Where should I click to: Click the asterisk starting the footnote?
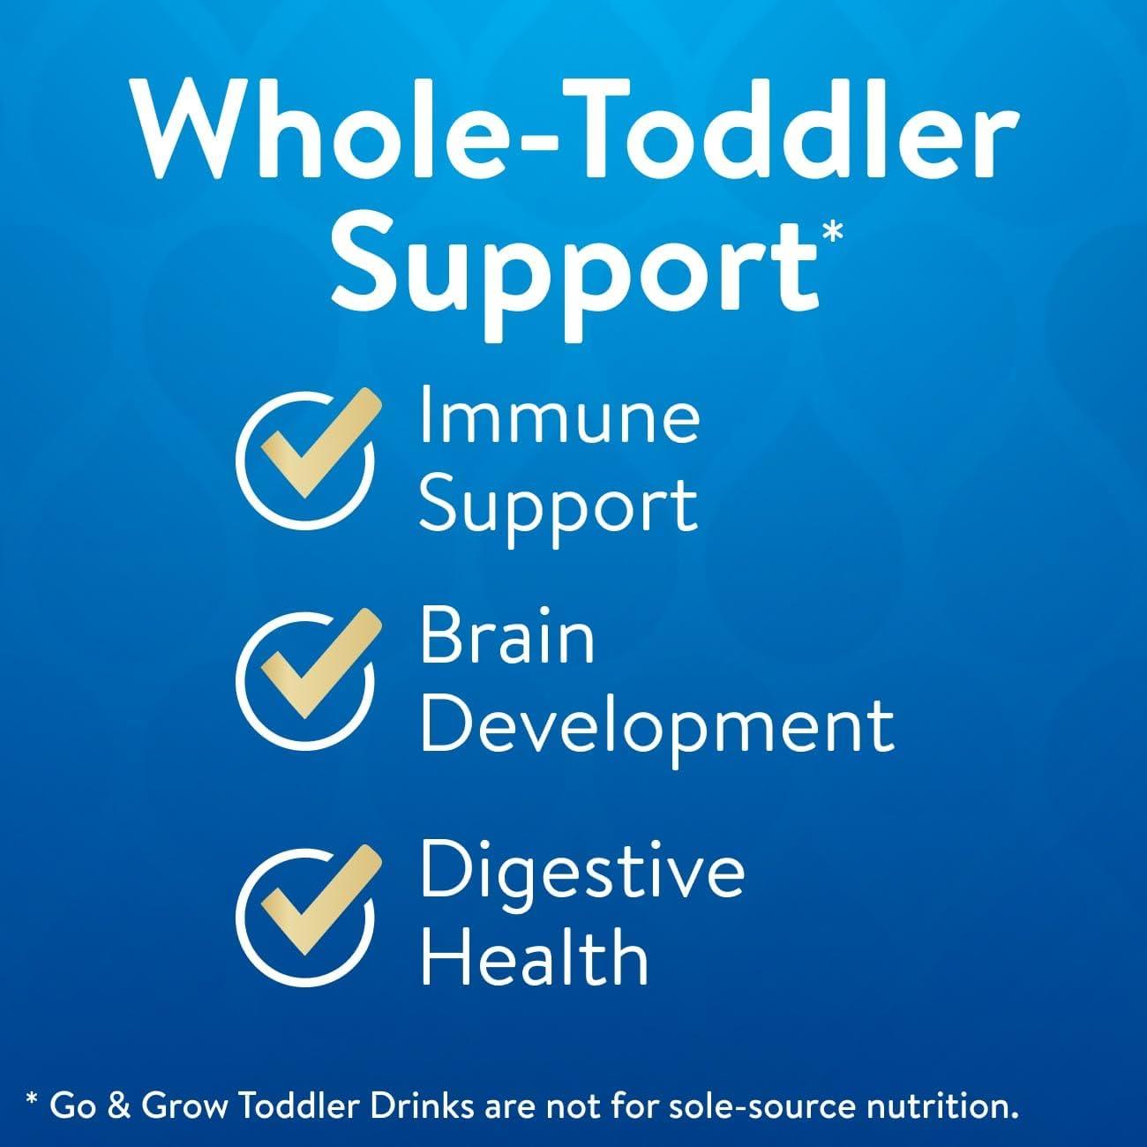(x=33, y=1096)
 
